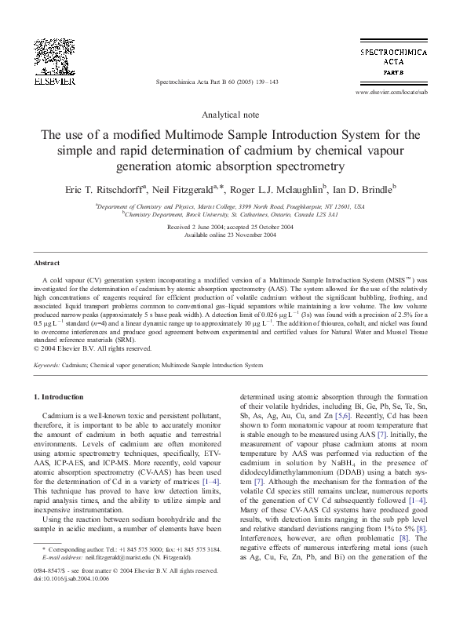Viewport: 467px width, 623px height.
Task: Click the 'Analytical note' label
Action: (233, 115)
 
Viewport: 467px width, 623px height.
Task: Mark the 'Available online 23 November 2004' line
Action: (233, 234)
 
